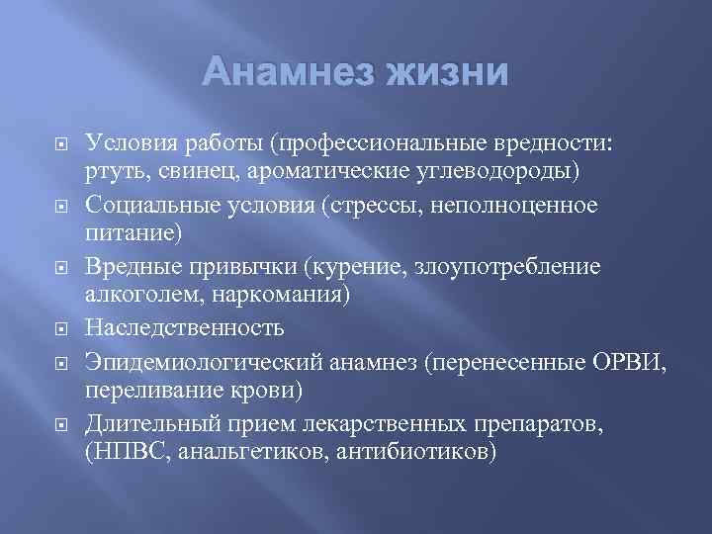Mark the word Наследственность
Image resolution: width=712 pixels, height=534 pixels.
point(185,328)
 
